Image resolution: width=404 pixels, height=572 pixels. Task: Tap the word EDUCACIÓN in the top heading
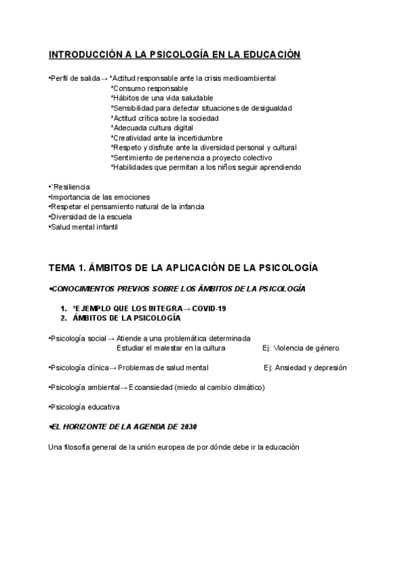[x=267, y=55]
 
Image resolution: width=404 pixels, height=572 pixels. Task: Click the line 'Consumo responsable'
[x=149, y=88]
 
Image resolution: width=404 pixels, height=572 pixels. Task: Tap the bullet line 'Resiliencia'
[x=70, y=187]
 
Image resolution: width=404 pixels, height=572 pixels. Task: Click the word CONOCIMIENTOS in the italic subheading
[x=85, y=289]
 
